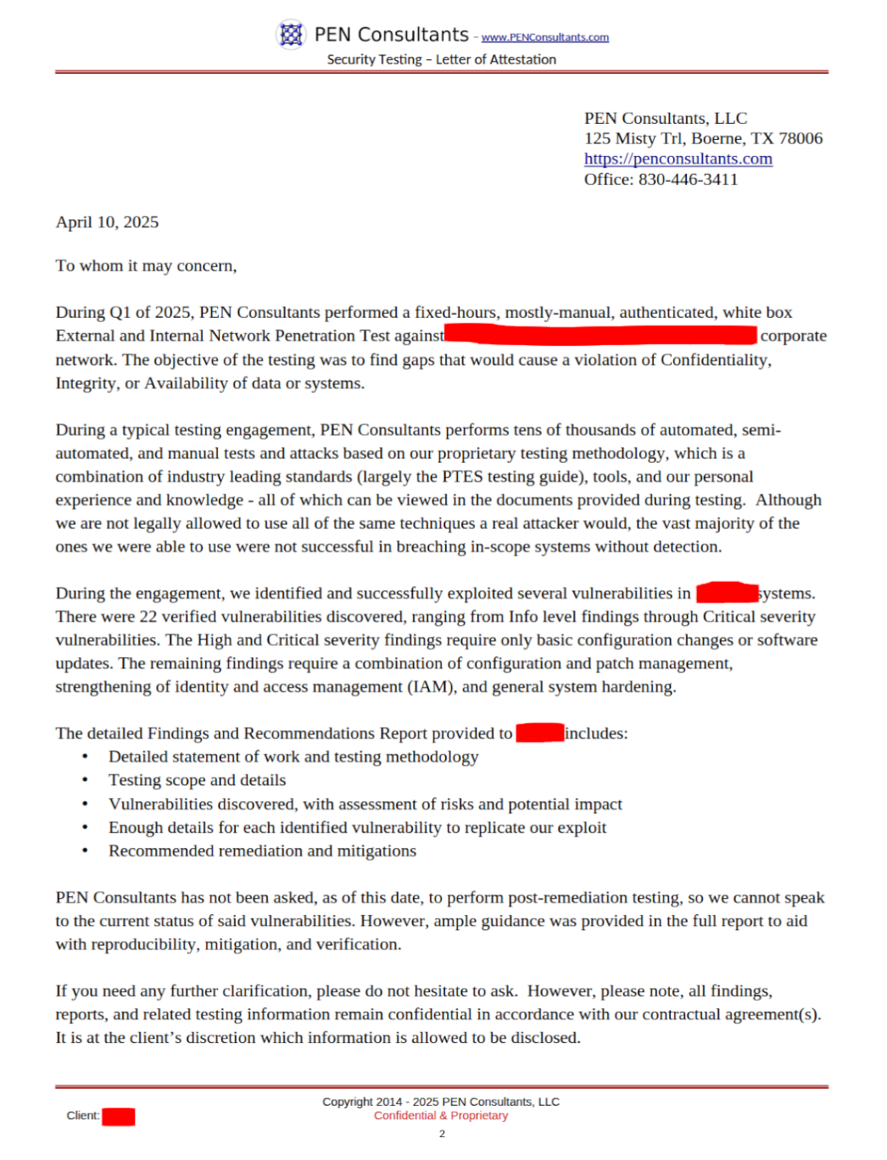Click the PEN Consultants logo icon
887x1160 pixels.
[291, 35]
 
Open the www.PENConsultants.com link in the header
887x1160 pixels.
[545, 37]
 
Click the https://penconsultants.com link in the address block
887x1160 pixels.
[678, 159]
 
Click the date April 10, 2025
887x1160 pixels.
[107, 222]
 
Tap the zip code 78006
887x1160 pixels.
[801, 138]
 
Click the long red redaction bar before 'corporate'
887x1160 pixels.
[600, 335]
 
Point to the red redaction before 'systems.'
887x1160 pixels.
[727, 592]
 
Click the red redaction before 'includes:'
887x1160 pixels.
[539, 732]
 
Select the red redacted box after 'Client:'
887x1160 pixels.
[119, 1116]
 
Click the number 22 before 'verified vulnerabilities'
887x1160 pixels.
[148, 616]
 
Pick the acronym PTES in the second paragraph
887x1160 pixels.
[461, 477]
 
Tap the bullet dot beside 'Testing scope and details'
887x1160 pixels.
[85, 780]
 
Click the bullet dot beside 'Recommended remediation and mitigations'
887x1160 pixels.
[85, 850]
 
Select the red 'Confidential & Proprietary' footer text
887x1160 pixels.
[441, 1115]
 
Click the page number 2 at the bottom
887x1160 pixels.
[442, 1134]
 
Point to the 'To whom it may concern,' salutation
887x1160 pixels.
[146, 265]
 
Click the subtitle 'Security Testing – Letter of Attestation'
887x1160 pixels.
[442, 59]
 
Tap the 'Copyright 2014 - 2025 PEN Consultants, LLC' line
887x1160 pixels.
[441, 1101]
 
